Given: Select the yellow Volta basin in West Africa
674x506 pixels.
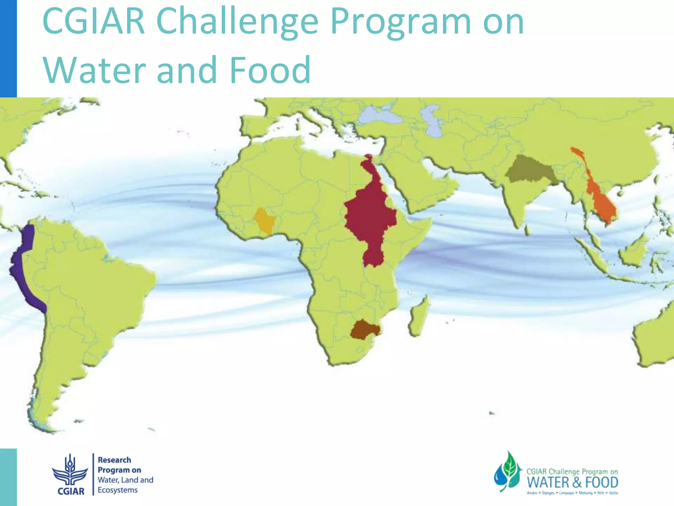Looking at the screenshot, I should pyautogui.click(x=265, y=220).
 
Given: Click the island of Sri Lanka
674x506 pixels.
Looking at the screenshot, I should pyautogui.click(x=527, y=229).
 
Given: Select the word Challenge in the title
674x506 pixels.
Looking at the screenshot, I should pyautogui.click(x=237, y=21).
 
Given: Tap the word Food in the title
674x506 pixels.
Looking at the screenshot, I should pyautogui.click(x=270, y=70).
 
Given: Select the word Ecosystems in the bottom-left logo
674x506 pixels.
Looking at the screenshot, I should pyautogui.click(x=117, y=490).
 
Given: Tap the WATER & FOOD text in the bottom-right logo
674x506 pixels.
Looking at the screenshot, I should pyautogui.click(x=573, y=483).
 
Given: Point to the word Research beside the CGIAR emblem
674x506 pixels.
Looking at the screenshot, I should pyautogui.click(x=114, y=460).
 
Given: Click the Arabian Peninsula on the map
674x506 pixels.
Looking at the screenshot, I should pyautogui.click(x=418, y=184).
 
